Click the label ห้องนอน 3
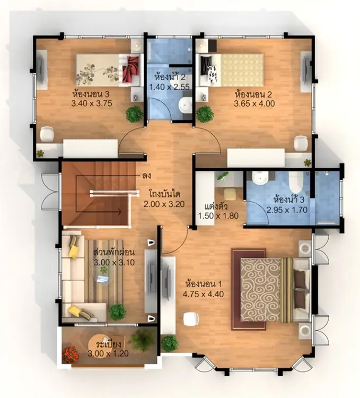coord(91,94)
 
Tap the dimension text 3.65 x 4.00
coord(254,103)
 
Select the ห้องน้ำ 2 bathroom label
coord(170,77)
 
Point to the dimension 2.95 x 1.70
coord(287,210)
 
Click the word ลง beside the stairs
coord(147,176)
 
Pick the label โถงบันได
coord(164,194)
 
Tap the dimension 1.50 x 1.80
coord(218,216)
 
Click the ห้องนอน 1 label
coord(203,284)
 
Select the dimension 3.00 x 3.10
coord(115,263)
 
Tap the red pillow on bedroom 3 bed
coord(131,70)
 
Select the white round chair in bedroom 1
coord(191,319)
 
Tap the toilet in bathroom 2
coord(186,104)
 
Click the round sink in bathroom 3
coord(260,178)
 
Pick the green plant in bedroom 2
coord(204,114)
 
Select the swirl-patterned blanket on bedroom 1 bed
coord(260,290)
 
